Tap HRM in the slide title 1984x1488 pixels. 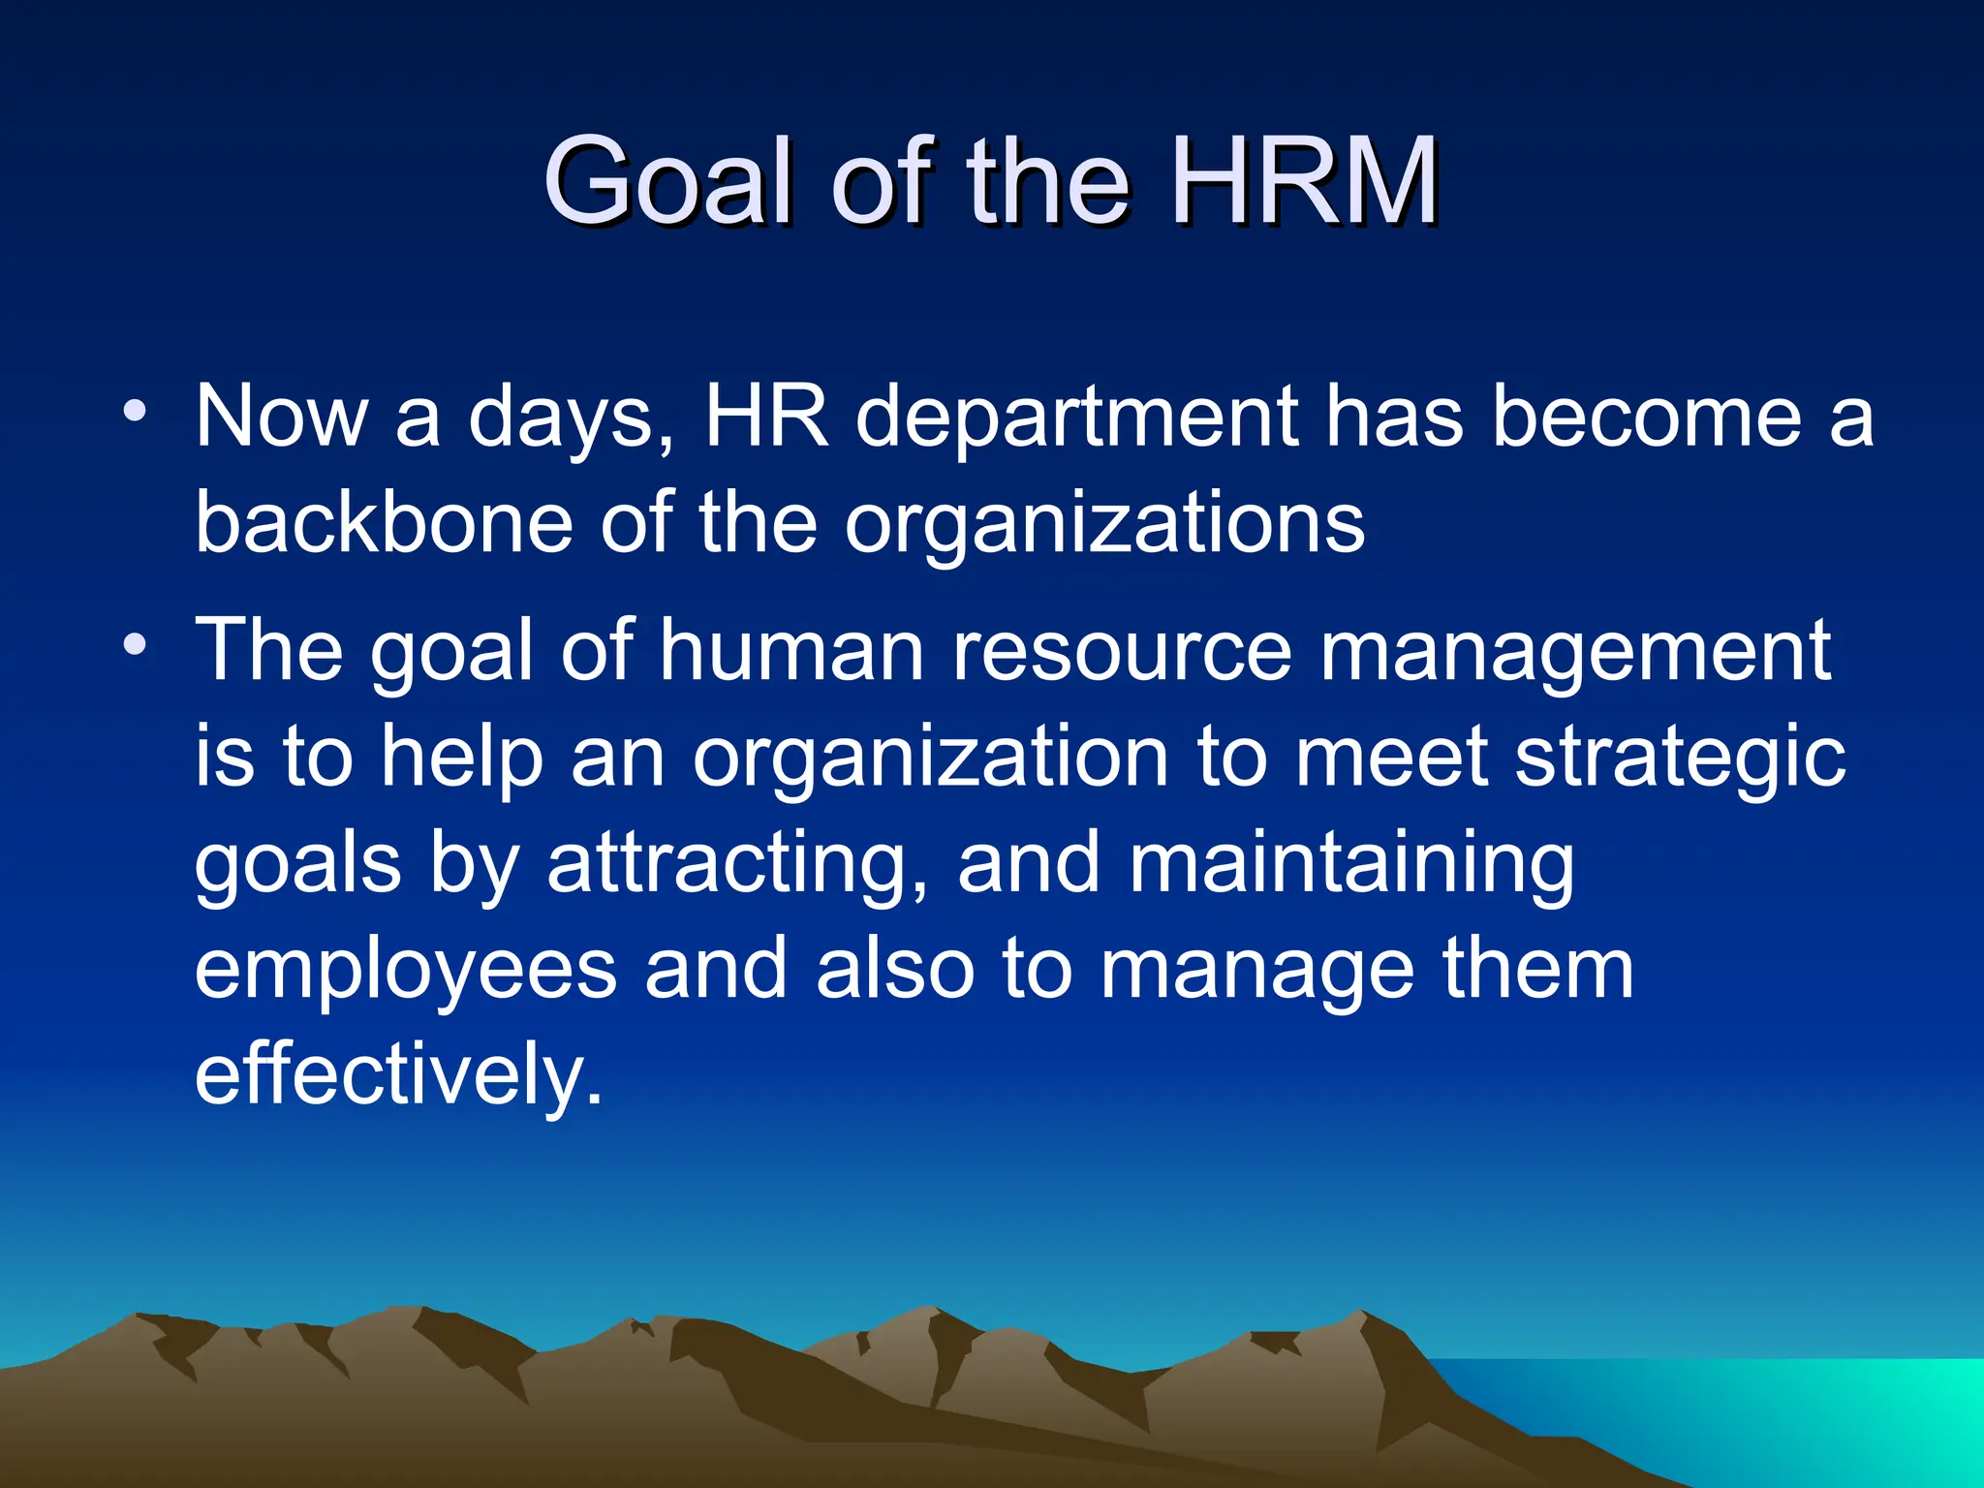[1304, 180]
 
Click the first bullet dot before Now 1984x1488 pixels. [136, 411]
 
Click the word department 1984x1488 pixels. [1076, 418]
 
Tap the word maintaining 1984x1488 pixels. [1350, 864]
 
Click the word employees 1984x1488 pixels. [406, 972]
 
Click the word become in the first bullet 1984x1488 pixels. [1646, 418]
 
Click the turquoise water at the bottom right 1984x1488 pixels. [1792, 1414]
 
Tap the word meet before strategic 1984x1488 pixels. [1390, 758]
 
